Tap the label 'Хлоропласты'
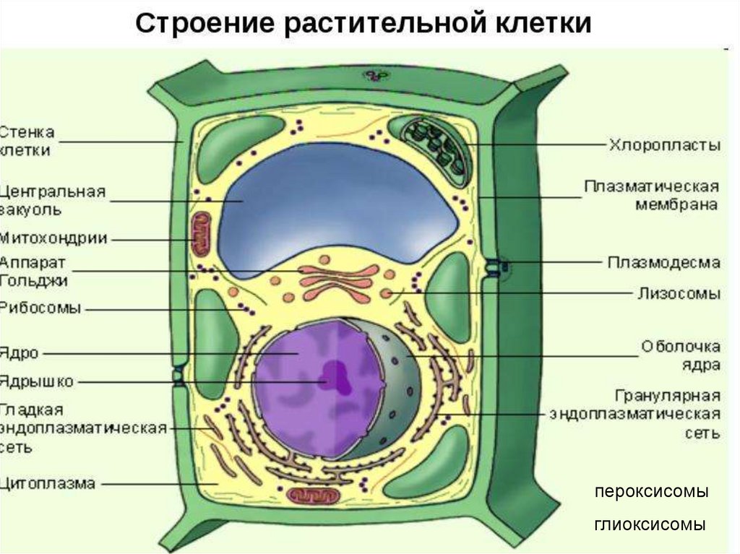[664, 145]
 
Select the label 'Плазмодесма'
[663, 262]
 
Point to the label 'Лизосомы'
[679, 293]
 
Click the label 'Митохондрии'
[53, 238]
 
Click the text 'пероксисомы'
[651, 492]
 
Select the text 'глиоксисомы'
[650, 524]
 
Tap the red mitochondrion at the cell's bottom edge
[314, 496]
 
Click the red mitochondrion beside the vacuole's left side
[199, 233]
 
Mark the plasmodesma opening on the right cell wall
[494, 266]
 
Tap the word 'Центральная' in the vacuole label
[53, 193]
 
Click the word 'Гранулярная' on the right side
[668, 396]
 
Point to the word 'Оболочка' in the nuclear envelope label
[680, 347]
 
